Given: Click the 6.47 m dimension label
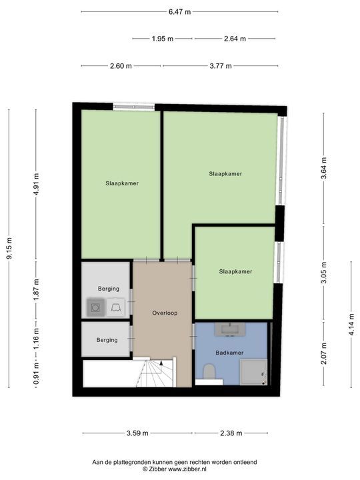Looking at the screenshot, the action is (x=179, y=12).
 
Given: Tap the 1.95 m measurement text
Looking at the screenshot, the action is (x=163, y=39).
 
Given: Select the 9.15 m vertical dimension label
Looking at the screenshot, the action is (x=9, y=248).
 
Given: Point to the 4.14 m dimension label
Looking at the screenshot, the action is (x=352, y=324).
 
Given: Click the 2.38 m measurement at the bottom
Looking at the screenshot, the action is (x=231, y=433).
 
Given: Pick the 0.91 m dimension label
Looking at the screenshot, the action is (x=37, y=373).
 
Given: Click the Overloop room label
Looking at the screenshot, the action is (x=165, y=313).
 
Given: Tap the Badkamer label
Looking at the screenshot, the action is (x=229, y=353).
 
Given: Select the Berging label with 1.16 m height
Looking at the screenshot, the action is (x=107, y=340).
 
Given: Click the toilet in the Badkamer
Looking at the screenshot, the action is (x=210, y=371).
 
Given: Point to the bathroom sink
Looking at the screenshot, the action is (x=230, y=329).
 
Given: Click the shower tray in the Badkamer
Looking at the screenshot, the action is (x=253, y=372).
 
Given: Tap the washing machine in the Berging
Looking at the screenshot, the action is (x=96, y=307).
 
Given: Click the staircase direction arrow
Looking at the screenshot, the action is (x=161, y=363).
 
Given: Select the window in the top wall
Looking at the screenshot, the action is (x=134, y=107).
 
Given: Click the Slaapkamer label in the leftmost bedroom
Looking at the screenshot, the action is (x=122, y=183).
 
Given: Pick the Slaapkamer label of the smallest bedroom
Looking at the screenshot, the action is (x=236, y=271).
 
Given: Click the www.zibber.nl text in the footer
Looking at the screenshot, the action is (x=187, y=469).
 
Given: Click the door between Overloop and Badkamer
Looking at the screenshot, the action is (x=193, y=337).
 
